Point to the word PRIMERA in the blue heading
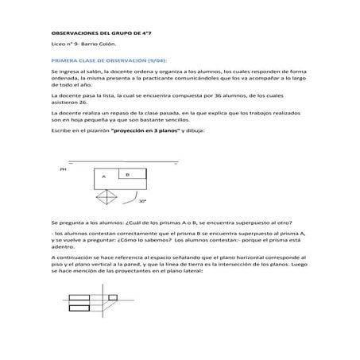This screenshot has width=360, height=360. click(63, 60)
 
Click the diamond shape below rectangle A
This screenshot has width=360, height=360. click(105, 196)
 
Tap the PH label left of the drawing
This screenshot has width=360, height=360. click(63, 169)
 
